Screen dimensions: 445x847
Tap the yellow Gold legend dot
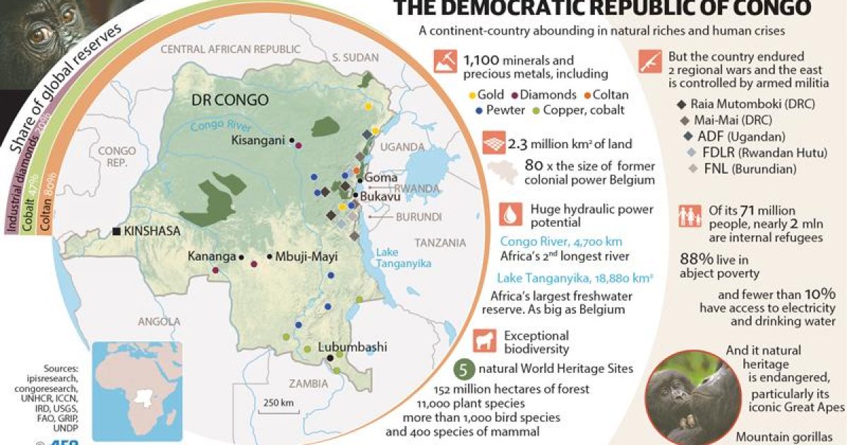pyautogui.click(x=472, y=95)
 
